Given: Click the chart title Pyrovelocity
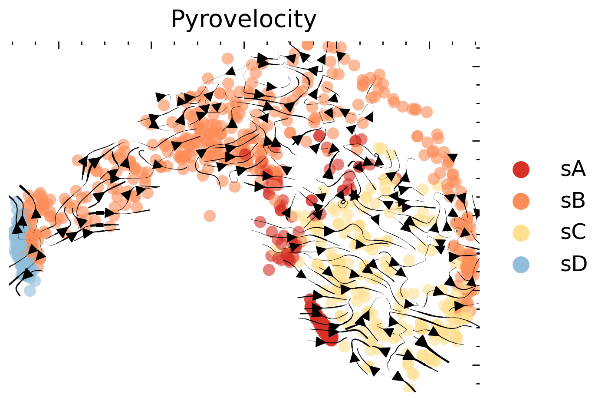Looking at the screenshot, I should tap(243, 20).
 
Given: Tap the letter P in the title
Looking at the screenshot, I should tap(178, 20).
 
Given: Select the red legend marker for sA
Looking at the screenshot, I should tap(521, 169).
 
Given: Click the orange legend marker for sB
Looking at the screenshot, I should tap(521, 201).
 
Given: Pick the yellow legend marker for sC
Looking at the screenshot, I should tap(521, 233).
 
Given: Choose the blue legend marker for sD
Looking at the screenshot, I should tap(521, 265).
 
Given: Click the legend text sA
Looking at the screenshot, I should tap(573, 169).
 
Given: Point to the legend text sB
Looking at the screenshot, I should tap(573, 201).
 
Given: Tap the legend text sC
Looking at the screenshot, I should tap(573, 233).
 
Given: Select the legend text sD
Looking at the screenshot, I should tap(573, 265).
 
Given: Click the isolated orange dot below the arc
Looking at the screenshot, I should tap(210, 215).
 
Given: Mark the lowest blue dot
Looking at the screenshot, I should tap(30, 290).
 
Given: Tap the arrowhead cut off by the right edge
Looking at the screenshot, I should tap(477, 213).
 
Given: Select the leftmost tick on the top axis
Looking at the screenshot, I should tap(12, 43).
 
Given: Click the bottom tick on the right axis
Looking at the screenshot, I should tap(478, 384).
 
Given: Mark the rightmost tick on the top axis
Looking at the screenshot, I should tap(476, 44).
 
